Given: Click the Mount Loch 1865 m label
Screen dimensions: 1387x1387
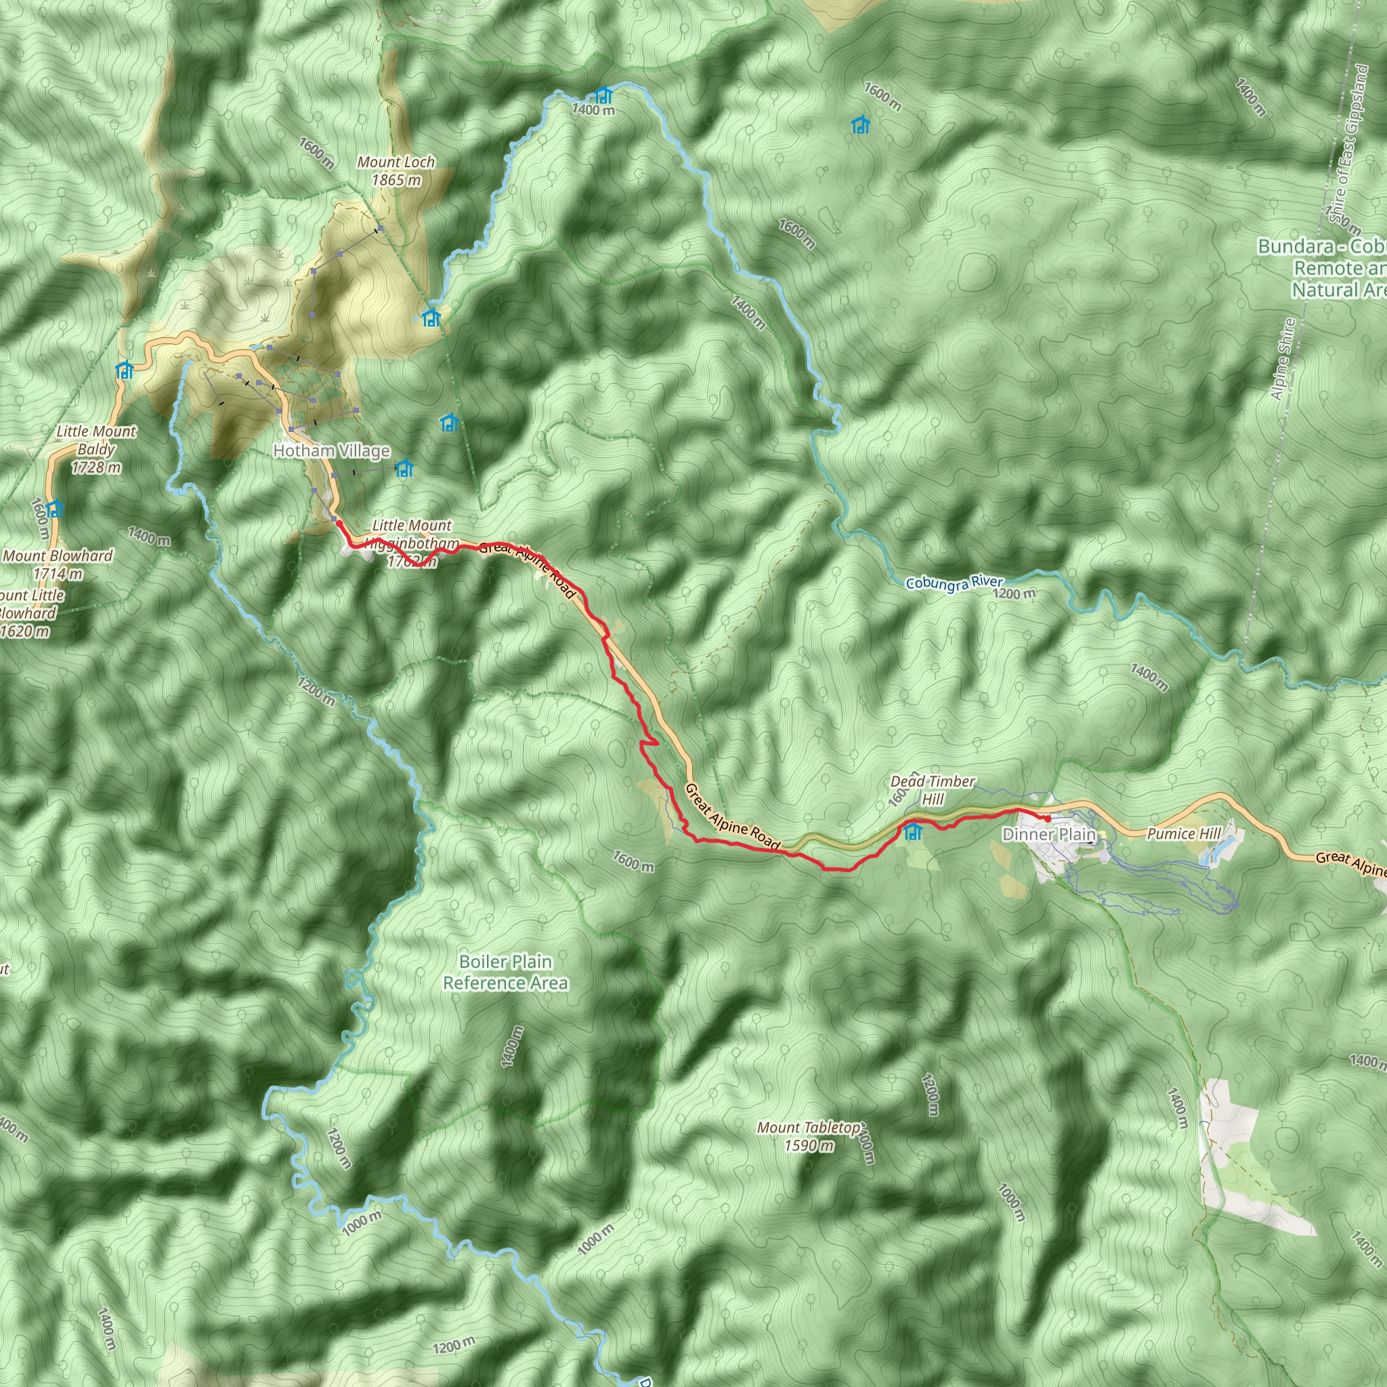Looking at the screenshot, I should click(396, 171).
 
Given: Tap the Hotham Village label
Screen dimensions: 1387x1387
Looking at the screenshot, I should click(332, 451).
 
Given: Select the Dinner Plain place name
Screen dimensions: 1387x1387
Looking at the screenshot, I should click(1049, 834).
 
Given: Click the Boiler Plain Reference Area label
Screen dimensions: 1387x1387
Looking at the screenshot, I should click(505, 972).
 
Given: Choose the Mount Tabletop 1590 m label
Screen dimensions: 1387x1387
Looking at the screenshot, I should click(809, 1136).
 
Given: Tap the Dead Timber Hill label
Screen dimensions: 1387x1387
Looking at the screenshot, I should click(933, 790).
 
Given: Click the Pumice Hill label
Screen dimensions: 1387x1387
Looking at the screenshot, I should click(1183, 834).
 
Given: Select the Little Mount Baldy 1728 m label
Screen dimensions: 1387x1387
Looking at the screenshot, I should click(96, 450).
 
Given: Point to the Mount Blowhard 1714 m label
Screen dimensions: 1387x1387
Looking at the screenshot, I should click(58, 564).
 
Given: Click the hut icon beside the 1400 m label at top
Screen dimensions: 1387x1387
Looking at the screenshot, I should click(603, 94).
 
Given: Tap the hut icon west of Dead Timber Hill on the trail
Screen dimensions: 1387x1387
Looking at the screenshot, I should click(912, 832).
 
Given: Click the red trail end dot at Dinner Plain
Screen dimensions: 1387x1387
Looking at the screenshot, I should click(1048, 818).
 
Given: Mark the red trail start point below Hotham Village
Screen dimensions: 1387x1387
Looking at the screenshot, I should click(338, 524).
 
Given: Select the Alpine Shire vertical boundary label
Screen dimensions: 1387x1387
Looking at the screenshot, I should click(1282, 359).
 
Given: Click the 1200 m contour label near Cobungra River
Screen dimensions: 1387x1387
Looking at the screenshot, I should click(1015, 594).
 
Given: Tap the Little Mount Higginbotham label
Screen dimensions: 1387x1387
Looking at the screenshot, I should click(412, 535).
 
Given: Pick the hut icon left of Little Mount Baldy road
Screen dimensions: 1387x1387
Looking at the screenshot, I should click(125, 370).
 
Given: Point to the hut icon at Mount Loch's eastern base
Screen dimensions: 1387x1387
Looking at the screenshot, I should click(431, 318).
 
